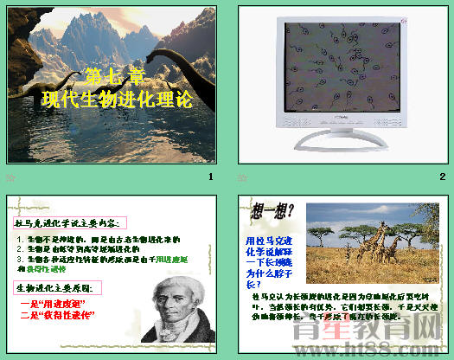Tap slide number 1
[209, 177]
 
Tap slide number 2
[442, 177]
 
